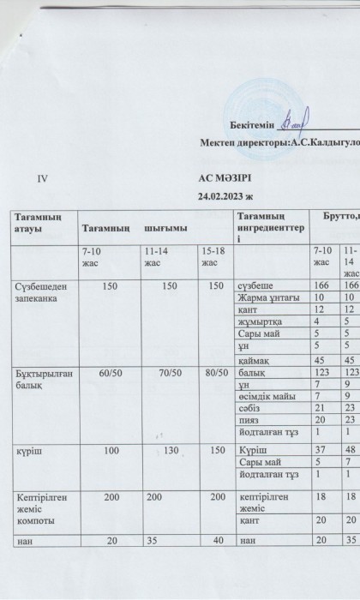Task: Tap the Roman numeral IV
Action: (44, 179)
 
